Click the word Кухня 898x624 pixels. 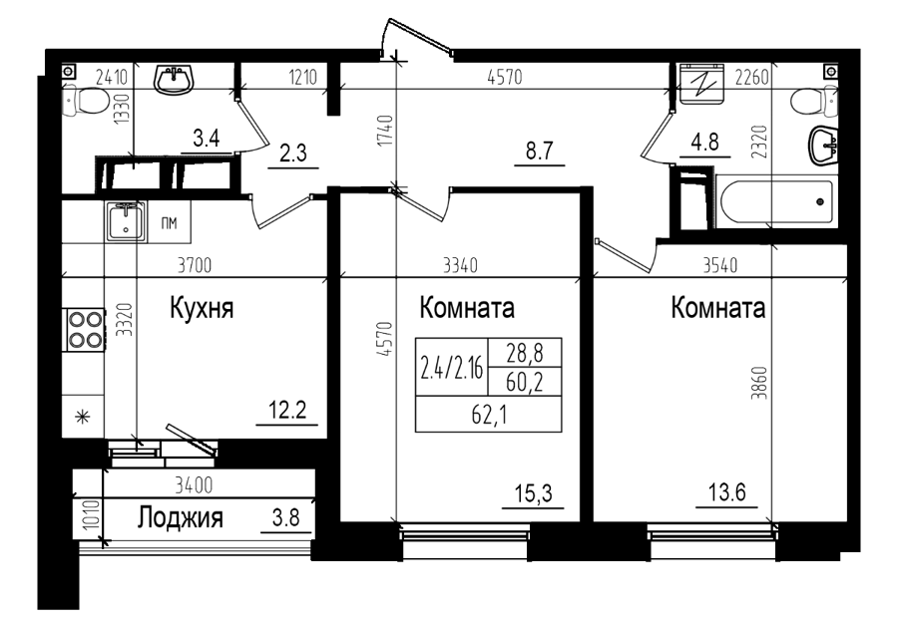202,308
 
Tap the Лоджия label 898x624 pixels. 181,517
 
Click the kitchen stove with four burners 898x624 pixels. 86,330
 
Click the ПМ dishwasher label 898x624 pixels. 169,222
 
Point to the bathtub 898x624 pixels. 775,204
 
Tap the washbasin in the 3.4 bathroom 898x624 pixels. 175,79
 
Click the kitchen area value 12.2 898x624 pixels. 287,410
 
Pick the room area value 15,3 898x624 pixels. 533,493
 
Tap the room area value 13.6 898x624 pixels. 727,491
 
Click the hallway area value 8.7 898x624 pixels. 540,152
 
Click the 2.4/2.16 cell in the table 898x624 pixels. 452,367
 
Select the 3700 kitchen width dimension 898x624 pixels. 195,265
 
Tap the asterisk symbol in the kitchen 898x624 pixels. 84,417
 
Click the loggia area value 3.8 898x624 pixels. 285,517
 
